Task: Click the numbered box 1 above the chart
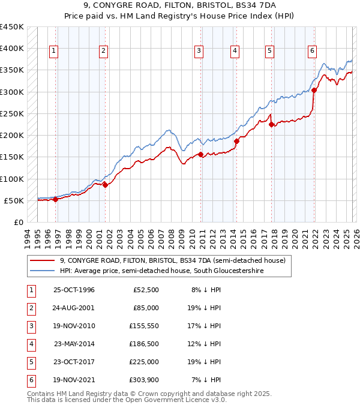54,52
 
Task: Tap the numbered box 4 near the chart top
235,52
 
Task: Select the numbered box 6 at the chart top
313,52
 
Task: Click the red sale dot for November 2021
314,91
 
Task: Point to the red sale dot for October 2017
272,125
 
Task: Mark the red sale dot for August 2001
105,185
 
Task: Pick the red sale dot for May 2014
236,142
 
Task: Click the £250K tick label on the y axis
12,113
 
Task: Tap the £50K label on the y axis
14,200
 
